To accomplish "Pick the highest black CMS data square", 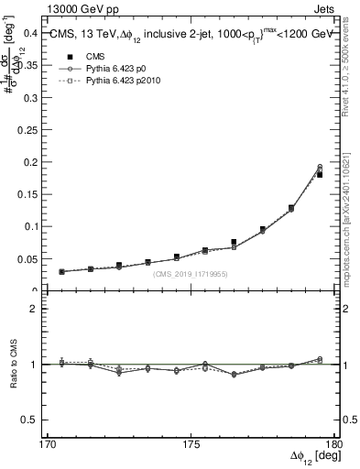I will [320, 174].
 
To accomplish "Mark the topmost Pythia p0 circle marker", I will [320, 167].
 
